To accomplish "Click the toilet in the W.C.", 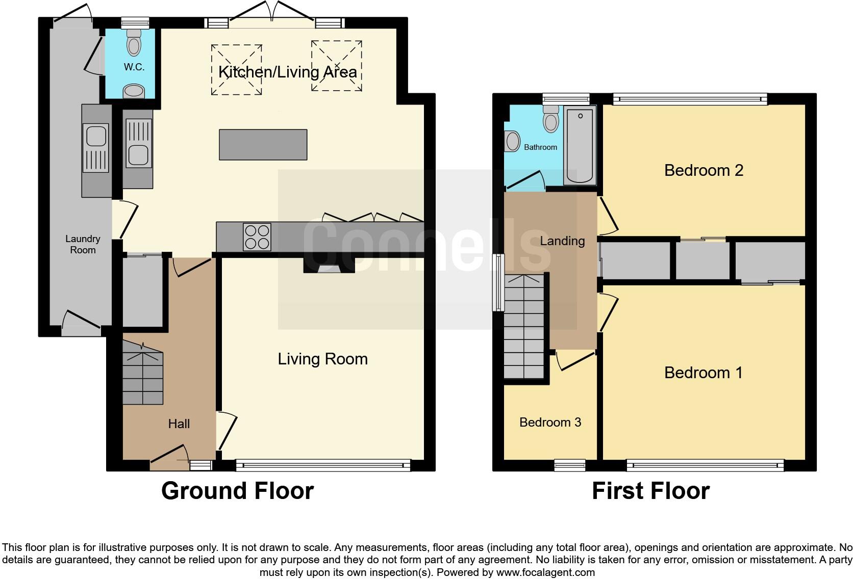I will click(x=134, y=43).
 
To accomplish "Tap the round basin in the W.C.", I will click(x=134, y=92).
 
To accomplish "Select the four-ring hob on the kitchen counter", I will click(x=257, y=237).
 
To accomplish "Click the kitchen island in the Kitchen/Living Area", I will click(x=263, y=145).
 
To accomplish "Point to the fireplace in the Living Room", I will click(x=329, y=265).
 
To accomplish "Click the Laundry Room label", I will click(x=83, y=244).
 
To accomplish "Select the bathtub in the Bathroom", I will click(x=580, y=145).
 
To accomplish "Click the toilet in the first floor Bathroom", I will click(x=551, y=119).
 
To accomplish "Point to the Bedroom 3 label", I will click(x=550, y=422).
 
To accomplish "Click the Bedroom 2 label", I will click(x=704, y=170).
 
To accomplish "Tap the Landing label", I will click(x=562, y=241).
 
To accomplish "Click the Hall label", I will click(x=179, y=424).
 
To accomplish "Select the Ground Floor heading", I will click(x=237, y=491).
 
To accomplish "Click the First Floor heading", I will click(x=650, y=491).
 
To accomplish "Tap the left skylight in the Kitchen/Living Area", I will click(x=237, y=69).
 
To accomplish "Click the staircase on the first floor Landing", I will click(x=524, y=326).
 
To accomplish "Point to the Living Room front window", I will click(x=323, y=465).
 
